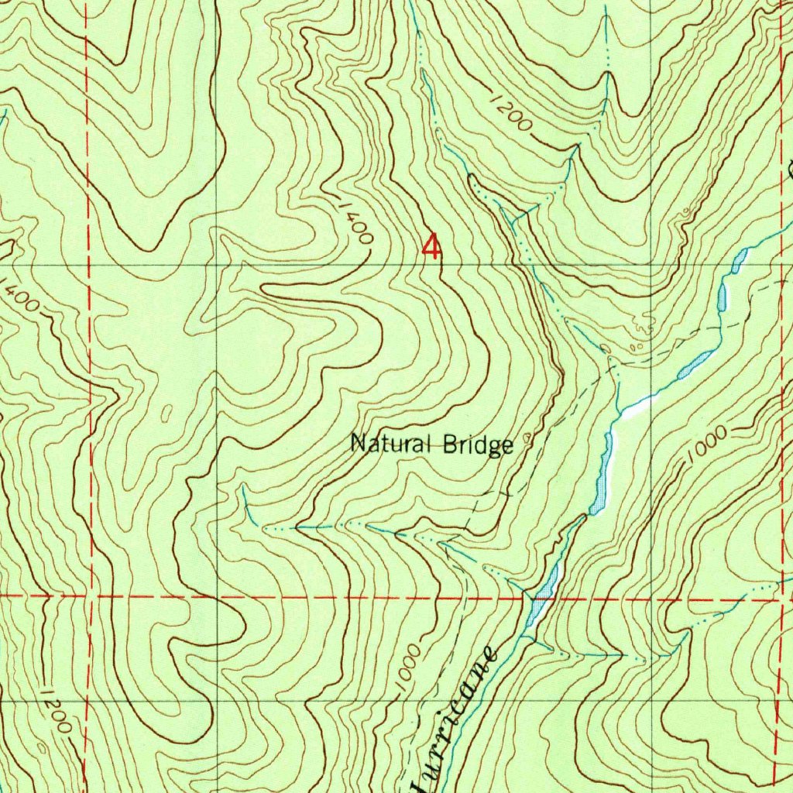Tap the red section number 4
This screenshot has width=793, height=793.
[x=431, y=248]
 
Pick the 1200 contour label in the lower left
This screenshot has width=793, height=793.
[x=59, y=711]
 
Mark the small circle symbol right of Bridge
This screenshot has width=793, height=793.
[x=528, y=438]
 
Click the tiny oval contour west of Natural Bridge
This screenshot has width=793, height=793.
[x=166, y=414]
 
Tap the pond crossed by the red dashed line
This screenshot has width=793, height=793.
[x=543, y=597]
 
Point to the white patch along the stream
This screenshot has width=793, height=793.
[x=635, y=407]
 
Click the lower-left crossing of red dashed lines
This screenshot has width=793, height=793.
[x=91, y=596]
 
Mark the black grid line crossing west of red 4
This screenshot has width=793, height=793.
[x=215, y=264]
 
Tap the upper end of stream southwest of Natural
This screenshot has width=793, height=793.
[x=244, y=489]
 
